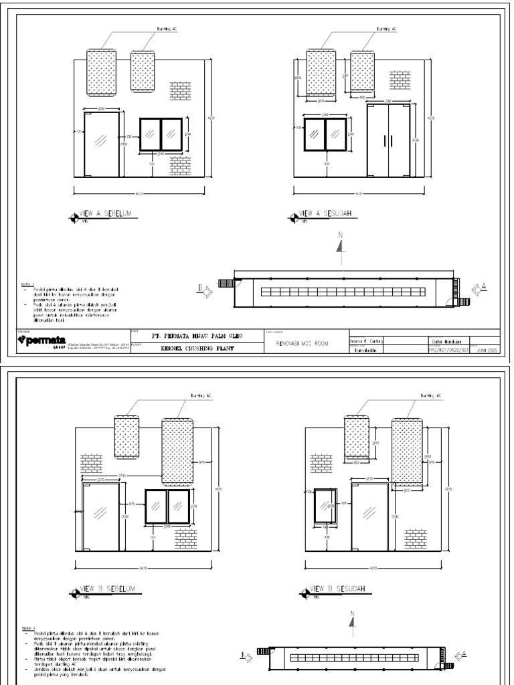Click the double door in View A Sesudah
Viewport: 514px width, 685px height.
[x=389, y=140]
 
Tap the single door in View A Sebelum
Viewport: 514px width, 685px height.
[x=102, y=144]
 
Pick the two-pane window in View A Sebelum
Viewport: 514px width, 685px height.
[x=161, y=134]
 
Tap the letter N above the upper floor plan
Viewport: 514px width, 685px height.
[x=340, y=235]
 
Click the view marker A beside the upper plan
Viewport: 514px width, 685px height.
[x=479, y=288]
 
